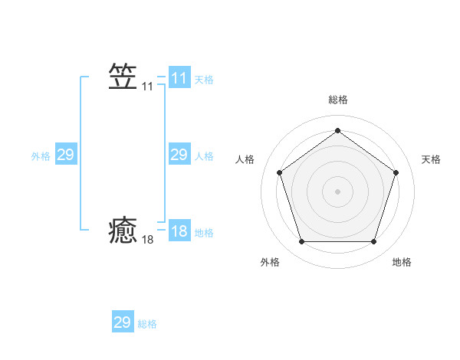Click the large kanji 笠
[123, 77]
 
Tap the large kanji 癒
[123, 230]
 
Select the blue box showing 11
[179, 78]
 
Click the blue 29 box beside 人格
[179, 155]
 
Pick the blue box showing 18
[179, 231]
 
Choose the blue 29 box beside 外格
[65, 155]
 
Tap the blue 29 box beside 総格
[123, 322]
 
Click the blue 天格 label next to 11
[204, 80]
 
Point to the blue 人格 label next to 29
[204, 156]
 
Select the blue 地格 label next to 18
[204, 233]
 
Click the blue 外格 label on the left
[41, 156]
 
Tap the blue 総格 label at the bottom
[147, 324]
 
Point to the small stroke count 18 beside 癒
[147, 240]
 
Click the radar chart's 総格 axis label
[337, 100]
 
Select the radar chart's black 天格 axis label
[431, 159]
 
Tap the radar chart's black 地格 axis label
[402, 262]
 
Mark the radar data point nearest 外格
[301, 241]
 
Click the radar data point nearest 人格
[279, 172]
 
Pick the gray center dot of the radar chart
[337, 191]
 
